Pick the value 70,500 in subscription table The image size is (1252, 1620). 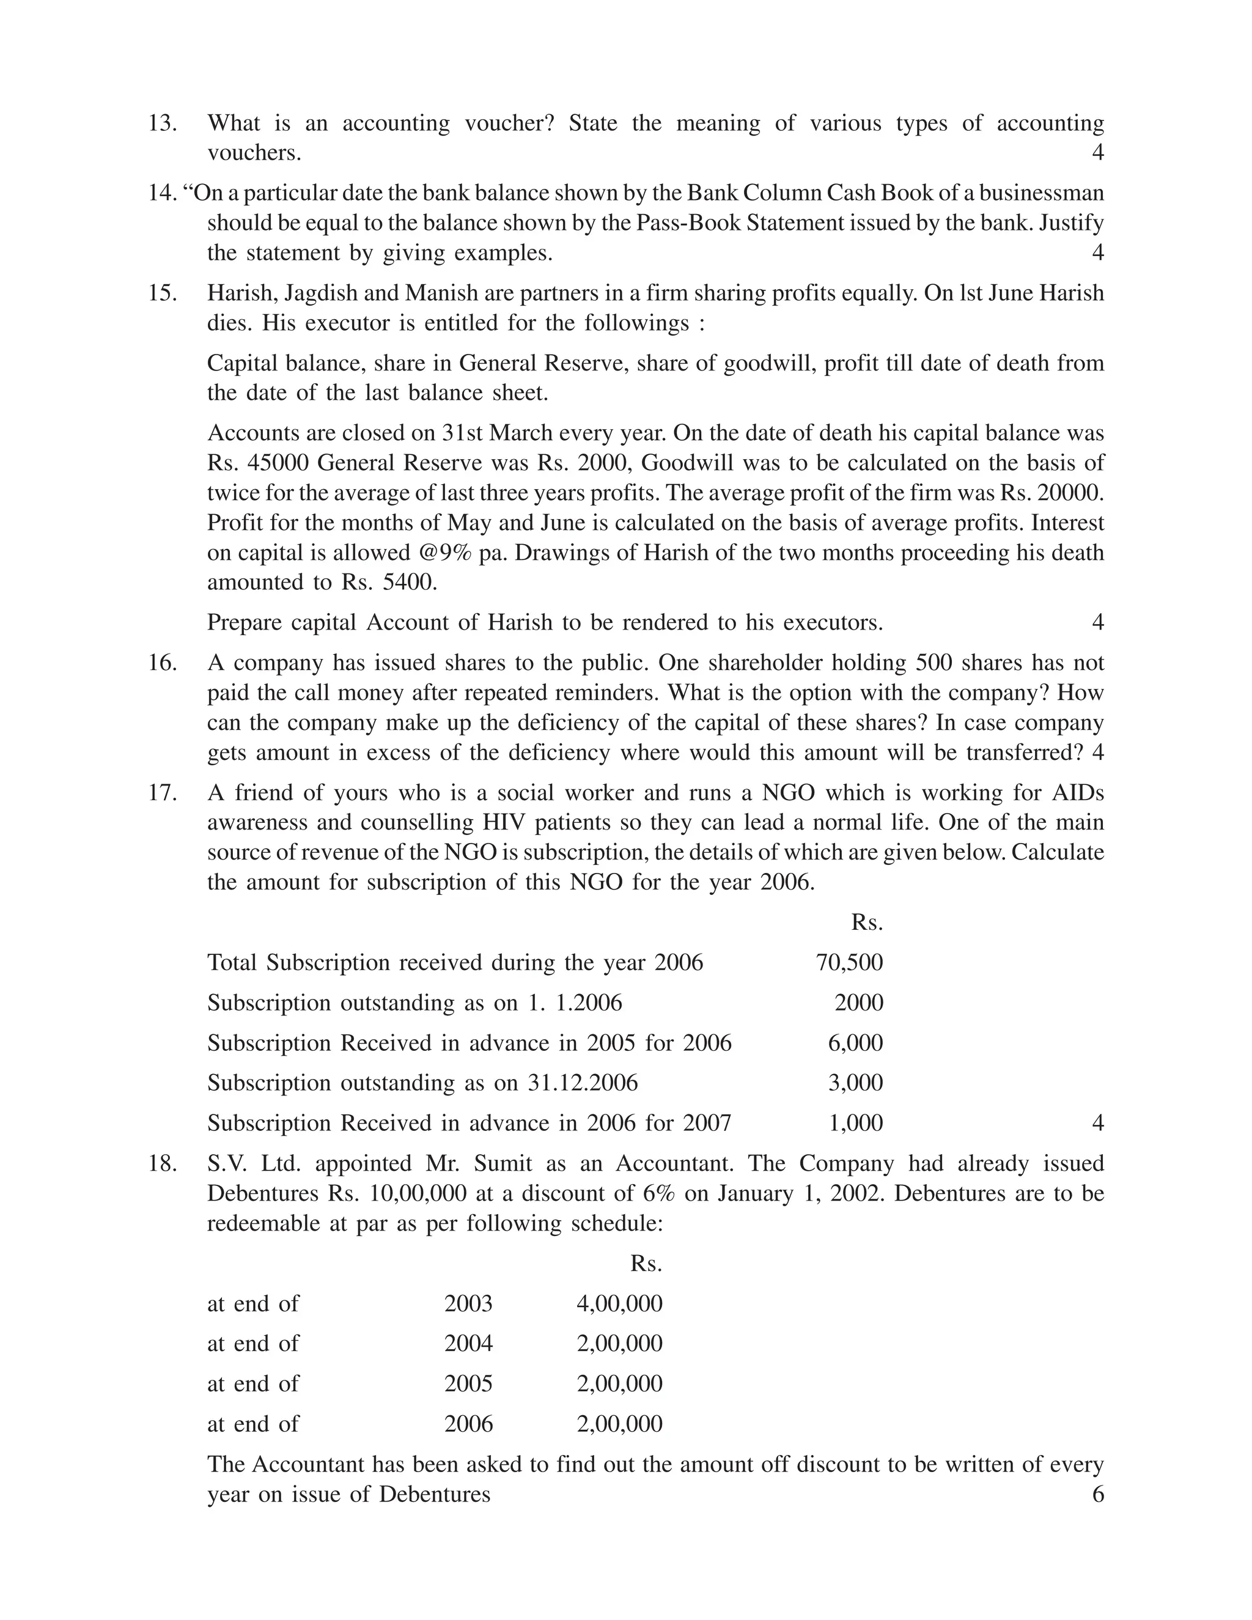(x=849, y=963)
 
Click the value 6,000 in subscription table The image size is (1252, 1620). (x=855, y=1043)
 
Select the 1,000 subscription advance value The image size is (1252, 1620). (x=855, y=1123)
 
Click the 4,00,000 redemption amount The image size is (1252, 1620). (x=619, y=1303)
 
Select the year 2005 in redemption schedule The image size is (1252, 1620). (x=468, y=1383)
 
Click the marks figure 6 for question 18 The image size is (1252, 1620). (x=1098, y=1494)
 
